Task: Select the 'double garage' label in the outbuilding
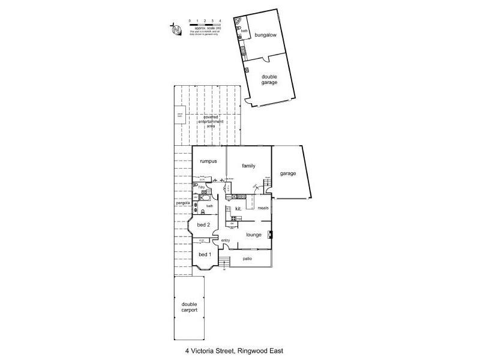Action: (x=269, y=79)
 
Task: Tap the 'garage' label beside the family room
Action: (x=288, y=173)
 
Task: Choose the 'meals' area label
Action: (x=263, y=208)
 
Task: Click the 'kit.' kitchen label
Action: (x=238, y=209)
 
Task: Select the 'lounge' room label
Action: (x=253, y=235)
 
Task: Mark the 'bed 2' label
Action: (x=203, y=225)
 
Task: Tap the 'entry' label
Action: (x=226, y=241)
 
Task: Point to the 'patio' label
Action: (x=247, y=259)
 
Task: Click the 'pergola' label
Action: (x=183, y=203)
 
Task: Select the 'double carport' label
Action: (x=190, y=307)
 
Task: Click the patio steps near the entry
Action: (x=224, y=263)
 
